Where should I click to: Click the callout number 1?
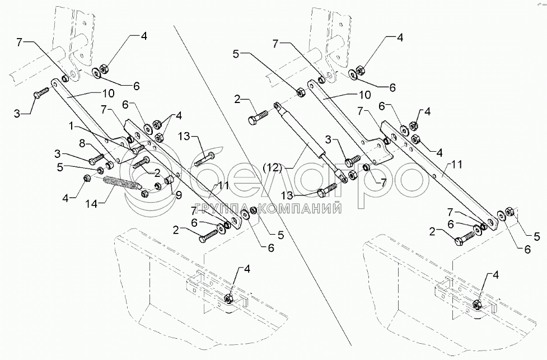[x=72, y=127]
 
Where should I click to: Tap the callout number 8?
[x=82, y=143]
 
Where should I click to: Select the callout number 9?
[x=178, y=196]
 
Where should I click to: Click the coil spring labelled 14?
[x=121, y=184]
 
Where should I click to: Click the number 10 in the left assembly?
[x=109, y=93]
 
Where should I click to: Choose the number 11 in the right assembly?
[x=457, y=163]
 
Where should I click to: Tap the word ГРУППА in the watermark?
[x=227, y=209]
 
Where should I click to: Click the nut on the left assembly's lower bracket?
[x=228, y=298]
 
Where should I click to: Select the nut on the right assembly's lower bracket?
[x=476, y=304]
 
